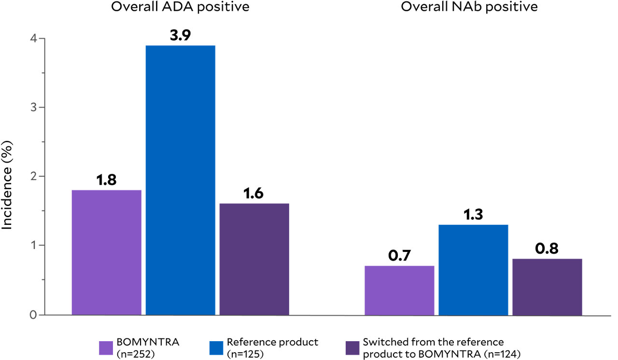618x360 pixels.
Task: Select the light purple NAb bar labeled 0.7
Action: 399,290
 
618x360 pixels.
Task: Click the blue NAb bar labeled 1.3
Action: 473,270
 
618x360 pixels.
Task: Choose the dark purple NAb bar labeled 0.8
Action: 547,287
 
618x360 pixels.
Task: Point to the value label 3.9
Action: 180,37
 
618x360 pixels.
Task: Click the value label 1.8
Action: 106,181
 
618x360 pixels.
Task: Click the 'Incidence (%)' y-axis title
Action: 8,177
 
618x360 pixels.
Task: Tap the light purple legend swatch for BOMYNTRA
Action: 106,347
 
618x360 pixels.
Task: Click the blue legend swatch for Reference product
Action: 216,347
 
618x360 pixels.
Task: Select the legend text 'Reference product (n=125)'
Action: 273,347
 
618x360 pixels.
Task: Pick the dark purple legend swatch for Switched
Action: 352,347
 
